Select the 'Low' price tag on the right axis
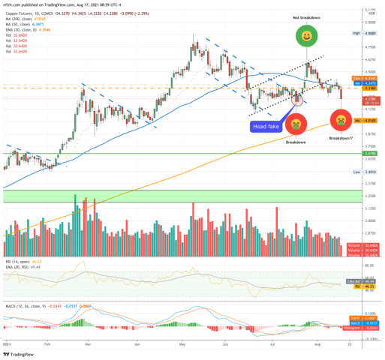pyautogui.click(x=357, y=172)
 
